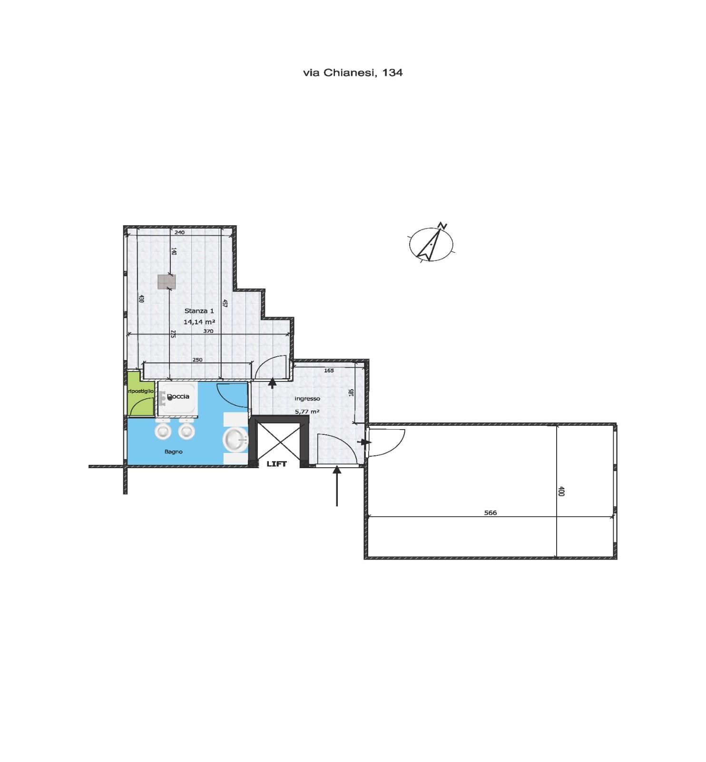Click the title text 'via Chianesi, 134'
[x=353, y=72]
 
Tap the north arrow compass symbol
[x=431, y=243]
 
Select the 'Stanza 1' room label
[x=199, y=311]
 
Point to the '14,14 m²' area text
[x=199, y=322]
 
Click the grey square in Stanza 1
[x=166, y=281]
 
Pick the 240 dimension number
[x=179, y=232]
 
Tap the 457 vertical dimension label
[x=225, y=303]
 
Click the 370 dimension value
[x=208, y=331]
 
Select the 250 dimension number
[x=197, y=360]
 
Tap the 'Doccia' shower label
[x=178, y=396]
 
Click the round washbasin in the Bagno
[x=236, y=439]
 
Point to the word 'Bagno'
[x=174, y=451]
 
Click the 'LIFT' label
[x=276, y=464]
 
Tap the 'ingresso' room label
[x=307, y=399]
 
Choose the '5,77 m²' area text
[x=307, y=411]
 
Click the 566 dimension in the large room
[x=490, y=512]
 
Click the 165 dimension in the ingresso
[x=329, y=371]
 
